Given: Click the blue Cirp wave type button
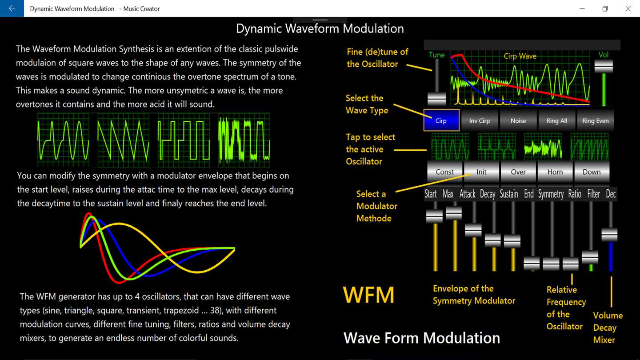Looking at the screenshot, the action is [441, 120].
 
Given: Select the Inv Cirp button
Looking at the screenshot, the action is [480, 120].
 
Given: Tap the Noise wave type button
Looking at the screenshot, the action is [518, 120].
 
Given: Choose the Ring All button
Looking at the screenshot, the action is [556, 120].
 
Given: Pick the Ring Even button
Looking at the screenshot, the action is [596, 120].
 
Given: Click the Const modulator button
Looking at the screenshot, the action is [444, 172].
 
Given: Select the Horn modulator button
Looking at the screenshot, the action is [555, 172].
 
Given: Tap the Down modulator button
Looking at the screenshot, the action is [592, 172].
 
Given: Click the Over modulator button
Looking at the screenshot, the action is [518, 172].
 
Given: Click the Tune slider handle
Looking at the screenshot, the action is [436, 99].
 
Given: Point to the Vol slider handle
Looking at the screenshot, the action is [604, 66].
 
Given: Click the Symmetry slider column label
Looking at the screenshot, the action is [551, 194].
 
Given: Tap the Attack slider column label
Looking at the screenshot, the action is [468, 194].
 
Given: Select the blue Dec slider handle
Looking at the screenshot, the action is [609, 235].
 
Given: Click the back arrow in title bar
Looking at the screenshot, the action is [12, 8].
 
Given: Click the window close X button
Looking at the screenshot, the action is [628, 8].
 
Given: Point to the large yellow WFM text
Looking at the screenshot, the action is [368, 295].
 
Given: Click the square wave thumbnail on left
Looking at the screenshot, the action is [184, 140].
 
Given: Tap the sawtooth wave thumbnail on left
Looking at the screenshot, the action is [124, 140].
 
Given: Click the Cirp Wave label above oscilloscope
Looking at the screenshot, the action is [520, 56].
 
